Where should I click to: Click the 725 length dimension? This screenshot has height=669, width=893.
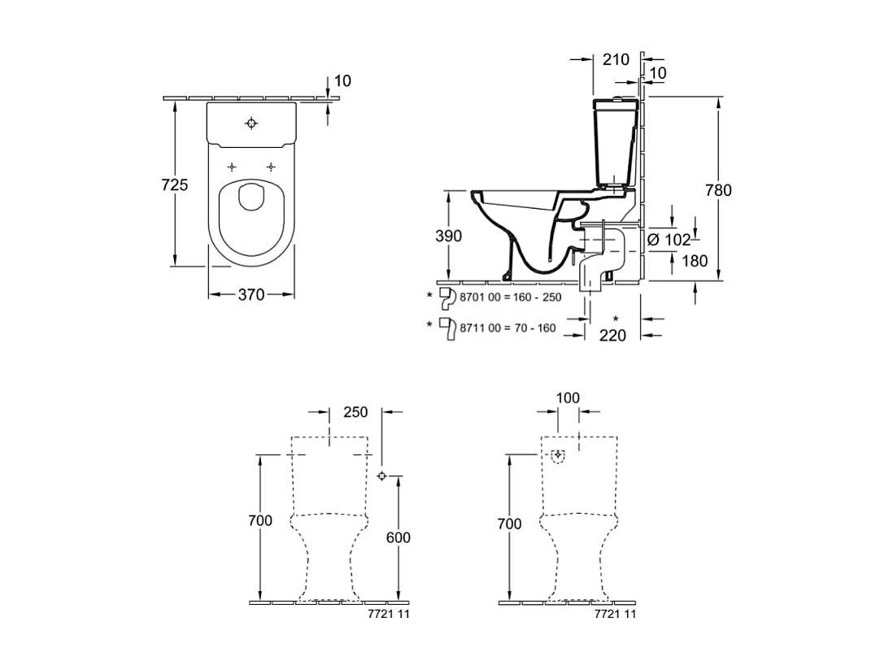click(174, 185)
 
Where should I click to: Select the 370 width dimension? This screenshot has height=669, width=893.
click(251, 294)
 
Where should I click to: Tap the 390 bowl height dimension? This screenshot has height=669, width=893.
click(448, 236)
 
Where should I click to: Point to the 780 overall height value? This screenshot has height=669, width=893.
click(718, 190)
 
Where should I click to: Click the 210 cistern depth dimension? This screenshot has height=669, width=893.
click(616, 59)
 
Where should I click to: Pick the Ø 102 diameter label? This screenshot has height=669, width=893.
click(669, 240)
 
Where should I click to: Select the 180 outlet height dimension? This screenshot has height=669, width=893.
click(695, 261)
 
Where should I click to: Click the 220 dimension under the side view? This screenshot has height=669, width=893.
click(612, 336)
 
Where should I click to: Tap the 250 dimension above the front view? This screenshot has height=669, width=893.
click(355, 411)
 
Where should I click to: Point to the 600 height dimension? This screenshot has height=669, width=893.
click(398, 537)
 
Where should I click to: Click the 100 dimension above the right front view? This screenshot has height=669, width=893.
click(568, 397)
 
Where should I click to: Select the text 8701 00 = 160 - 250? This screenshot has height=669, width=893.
click(510, 298)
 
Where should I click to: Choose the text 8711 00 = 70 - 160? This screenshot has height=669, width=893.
click(507, 328)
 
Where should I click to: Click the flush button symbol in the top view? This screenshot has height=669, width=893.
click(251, 123)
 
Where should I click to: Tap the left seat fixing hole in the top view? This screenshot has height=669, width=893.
click(231, 167)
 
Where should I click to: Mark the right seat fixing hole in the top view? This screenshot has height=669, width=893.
click(271, 167)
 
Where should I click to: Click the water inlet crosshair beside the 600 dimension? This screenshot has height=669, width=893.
click(382, 476)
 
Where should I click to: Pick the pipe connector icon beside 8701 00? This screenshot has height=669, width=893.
click(447, 298)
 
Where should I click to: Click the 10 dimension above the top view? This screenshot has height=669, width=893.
click(342, 80)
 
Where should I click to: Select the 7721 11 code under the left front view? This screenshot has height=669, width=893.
click(389, 614)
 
